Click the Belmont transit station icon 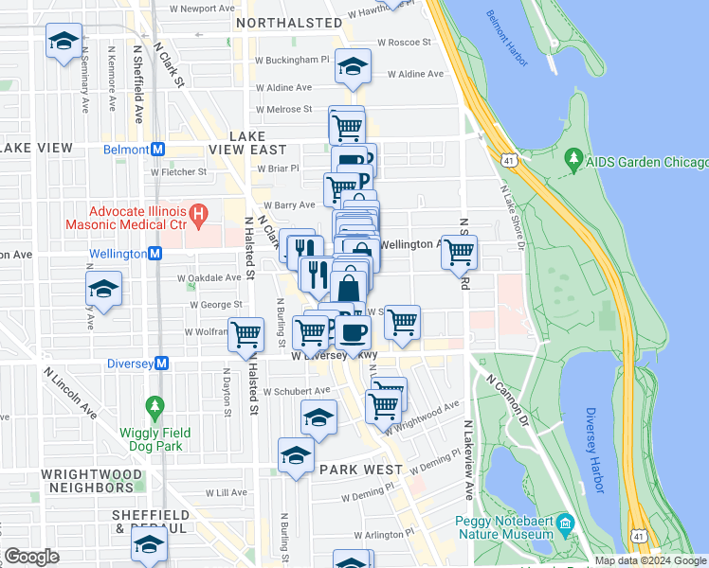tap(159, 150)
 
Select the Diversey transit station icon tap(162, 363)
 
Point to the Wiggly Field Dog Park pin tap(155, 409)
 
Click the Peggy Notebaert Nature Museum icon tap(565, 524)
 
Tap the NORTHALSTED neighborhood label tap(288, 22)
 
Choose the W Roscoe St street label tap(404, 43)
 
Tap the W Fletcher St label tap(178, 172)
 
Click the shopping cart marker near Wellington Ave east tap(460, 252)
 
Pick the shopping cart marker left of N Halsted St tap(246, 333)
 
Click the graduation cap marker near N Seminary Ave tap(64, 43)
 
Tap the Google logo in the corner tap(32, 557)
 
